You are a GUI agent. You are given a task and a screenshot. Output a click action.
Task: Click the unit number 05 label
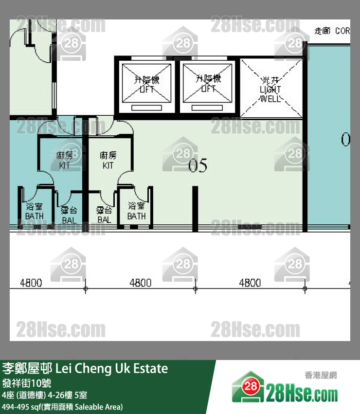pos(198,166)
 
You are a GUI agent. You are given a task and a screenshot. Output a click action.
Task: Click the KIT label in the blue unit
pos(65,160)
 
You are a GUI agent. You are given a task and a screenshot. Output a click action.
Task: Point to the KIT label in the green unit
pos(108,160)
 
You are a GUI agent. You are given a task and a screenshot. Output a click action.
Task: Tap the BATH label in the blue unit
pos(34,211)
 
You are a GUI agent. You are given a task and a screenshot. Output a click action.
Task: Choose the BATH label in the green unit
pos(136,211)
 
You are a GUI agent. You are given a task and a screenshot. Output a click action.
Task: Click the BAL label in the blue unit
pos(69,215)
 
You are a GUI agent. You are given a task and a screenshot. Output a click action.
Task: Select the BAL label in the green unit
pos(104,215)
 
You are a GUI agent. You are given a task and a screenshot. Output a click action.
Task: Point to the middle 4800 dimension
pos(140,283)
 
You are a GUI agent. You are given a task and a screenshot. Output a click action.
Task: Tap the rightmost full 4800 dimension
pos(250,283)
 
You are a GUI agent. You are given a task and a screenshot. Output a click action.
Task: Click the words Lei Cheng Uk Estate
pos(112,368)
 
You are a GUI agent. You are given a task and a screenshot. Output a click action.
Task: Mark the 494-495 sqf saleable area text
pos(62,406)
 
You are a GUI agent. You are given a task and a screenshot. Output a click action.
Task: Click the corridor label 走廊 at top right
pos(323,31)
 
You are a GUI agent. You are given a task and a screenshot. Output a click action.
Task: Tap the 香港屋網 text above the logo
pos(321,375)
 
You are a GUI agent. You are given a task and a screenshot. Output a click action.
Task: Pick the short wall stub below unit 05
pos(195,208)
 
